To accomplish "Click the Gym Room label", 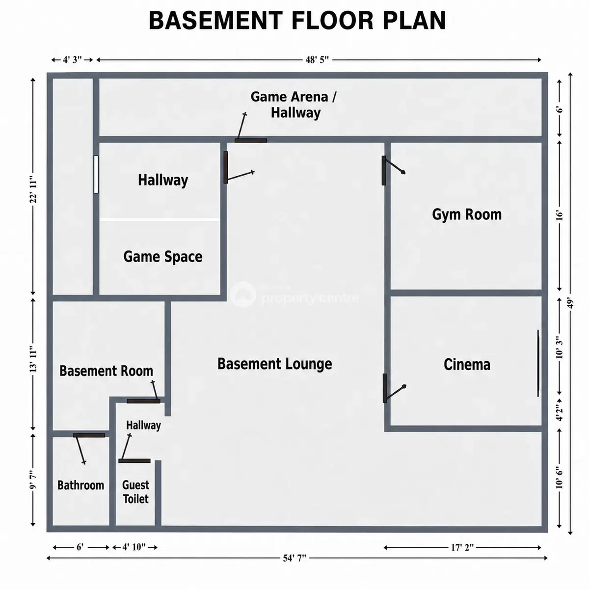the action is [x=466, y=214].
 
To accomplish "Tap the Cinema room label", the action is [x=467, y=364].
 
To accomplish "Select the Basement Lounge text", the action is [x=274, y=364].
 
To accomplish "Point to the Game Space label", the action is [x=162, y=256].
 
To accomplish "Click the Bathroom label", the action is [x=80, y=485].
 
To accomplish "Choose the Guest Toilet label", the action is [x=135, y=492].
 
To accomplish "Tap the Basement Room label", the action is [x=106, y=371].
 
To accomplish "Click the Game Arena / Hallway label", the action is [x=294, y=105].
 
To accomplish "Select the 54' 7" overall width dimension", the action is [x=294, y=558].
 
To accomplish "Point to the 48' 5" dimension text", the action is [x=317, y=59].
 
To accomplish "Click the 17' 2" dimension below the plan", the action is [x=462, y=547].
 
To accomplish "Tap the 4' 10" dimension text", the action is [x=134, y=547].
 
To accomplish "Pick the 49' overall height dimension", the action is [x=570, y=303].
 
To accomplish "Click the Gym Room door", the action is [x=393, y=170].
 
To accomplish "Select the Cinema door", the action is [x=394, y=388].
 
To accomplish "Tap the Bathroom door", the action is [x=89, y=449].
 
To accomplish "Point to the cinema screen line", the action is [x=538, y=363].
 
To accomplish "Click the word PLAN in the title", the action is [x=415, y=21].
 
